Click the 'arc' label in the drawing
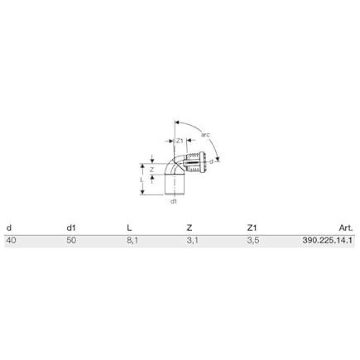(x=205, y=135)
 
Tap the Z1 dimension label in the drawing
(x=180, y=141)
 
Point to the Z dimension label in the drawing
(x=151, y=170)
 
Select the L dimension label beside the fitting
(x=142, y=180)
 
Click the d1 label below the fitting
(x=174, y=201)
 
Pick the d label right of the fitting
(x=211, y=162)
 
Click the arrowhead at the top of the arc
(x=177, y=122)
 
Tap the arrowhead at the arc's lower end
(x=218, y=159)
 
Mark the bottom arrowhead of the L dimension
(x=142, y=192)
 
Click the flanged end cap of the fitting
(x=204, y=162)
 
